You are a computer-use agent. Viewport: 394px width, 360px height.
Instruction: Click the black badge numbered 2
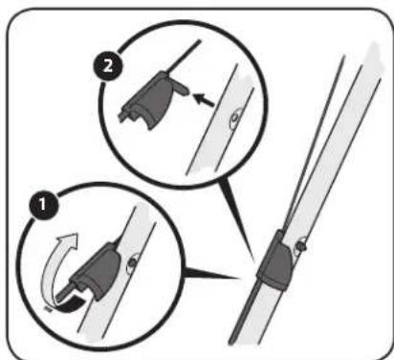click(x=108, y=66)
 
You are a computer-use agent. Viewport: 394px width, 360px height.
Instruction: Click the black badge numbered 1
click(x=43, y=204)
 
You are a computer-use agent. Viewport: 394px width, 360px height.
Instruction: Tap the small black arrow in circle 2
click(x=204, y=99)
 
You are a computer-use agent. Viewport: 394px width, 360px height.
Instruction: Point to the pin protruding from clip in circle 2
click(x=182, y=89)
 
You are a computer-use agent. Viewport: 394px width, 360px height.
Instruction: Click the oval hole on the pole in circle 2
click(x=235, y=119)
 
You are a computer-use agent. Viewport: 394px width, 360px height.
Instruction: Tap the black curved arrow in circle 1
click(x=69, y=304)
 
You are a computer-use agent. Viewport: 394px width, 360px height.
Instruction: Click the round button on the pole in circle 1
click(x=132, y=263)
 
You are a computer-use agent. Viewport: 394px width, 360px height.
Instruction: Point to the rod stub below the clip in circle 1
click(x=65, y=292)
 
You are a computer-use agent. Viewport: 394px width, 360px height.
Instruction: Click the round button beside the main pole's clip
click(x=301, y=246)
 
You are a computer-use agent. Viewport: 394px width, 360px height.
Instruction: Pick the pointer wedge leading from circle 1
click(x=211, y=274)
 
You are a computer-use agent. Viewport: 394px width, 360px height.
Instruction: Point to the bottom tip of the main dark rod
click(x=231, y=344)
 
